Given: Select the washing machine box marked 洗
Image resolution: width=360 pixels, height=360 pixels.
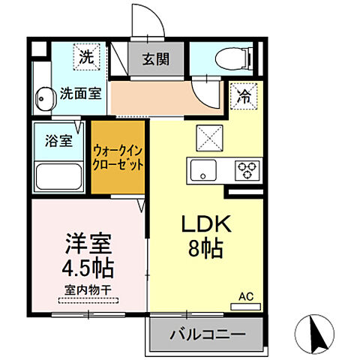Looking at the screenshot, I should pyautogui.click(x=87, y=55).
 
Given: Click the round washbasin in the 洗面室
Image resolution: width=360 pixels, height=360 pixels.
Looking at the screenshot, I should pyautogui.click(x=46, y=97).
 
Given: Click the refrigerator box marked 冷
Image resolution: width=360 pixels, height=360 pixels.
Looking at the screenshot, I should pyautogui.click(x=244, y=94).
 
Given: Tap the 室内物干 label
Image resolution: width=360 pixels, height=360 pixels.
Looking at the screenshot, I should pyautogui.click(x=88, y=289).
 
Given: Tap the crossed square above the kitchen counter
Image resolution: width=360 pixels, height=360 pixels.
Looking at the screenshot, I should pyautogui.click(x=207, y=136).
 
